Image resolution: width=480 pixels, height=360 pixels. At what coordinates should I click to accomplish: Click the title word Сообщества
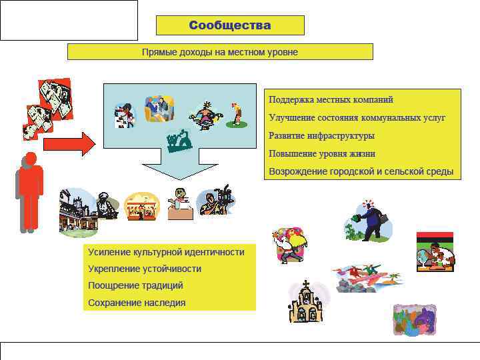(230, 25)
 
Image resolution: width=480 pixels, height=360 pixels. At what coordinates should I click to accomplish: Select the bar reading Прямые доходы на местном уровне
(220, 52)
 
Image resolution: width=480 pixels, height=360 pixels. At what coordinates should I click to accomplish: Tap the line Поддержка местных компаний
(331, 99)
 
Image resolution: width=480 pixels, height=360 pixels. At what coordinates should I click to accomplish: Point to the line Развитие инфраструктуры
(321, 135)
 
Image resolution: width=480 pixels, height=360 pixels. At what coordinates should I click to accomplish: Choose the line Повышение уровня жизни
(322, 153)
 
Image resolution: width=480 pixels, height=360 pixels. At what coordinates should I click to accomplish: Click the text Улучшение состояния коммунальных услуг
(357, 117)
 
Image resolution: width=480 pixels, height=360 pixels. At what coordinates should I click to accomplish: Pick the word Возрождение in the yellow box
(298, 171)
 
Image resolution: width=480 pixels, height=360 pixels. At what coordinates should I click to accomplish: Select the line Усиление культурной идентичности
(166, 252)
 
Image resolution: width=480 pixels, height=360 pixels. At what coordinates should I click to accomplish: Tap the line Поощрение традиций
(135, 285)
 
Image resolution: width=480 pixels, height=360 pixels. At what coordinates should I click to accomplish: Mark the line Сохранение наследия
(137, 303)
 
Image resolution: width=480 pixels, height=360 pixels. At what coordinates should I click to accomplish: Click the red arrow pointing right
(69, 143)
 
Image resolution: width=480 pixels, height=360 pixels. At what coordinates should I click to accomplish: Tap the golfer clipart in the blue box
(235, 114)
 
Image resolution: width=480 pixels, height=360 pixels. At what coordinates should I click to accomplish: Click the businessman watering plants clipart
(368, 221)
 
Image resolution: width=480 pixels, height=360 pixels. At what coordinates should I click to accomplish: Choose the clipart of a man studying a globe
(434, 253)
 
